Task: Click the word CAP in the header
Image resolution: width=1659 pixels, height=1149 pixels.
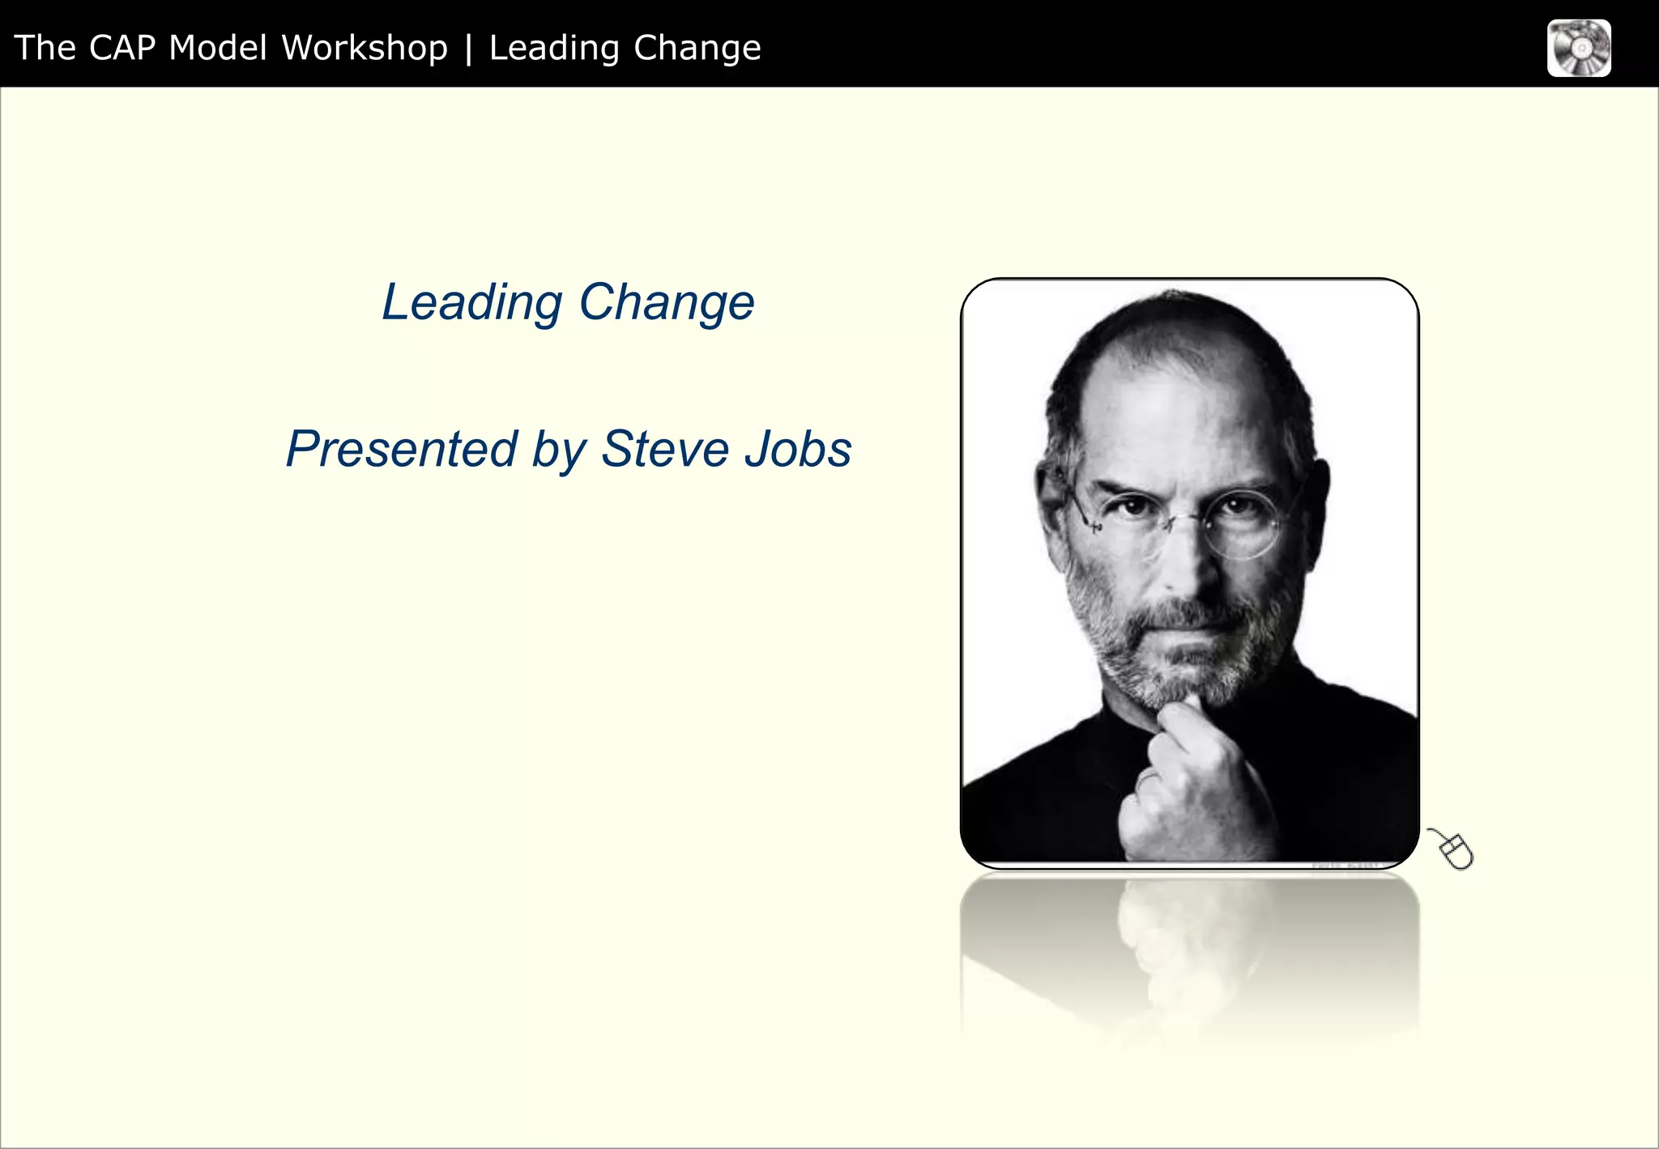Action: (122, 48)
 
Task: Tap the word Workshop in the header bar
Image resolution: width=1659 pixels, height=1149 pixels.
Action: (364, 48)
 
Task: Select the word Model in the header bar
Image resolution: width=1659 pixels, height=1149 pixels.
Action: (217, 48)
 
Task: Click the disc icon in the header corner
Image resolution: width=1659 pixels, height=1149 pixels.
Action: (1578, 49)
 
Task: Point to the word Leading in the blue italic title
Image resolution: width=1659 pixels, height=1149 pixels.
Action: (471, 303)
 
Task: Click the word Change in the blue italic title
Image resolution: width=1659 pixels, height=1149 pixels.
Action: (666, 303)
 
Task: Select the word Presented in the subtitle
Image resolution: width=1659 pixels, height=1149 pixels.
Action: (401, 450)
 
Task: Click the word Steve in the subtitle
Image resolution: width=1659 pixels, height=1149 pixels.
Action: (665, 450)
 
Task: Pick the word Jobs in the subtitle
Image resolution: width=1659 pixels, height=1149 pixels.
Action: (798, 450)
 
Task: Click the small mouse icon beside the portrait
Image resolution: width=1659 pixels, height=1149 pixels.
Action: (1453, 850)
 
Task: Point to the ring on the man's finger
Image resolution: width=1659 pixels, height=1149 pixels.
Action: (1147, 779)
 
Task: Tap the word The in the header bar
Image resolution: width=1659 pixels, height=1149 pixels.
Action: (45, 48)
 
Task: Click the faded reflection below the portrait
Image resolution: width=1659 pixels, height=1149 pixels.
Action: (1188, 956)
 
